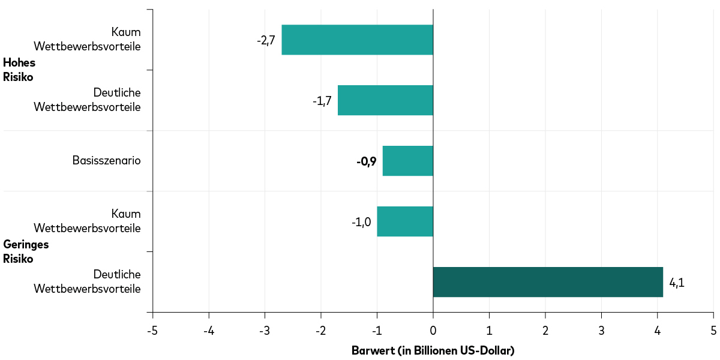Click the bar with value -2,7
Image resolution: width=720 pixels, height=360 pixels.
pyautogui.click(x=357, y=40)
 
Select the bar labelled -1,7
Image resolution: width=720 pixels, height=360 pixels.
pyautogui.click(x=385, y=100)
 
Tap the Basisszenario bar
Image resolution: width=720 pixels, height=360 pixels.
pyautogui.click(x=407, y=161)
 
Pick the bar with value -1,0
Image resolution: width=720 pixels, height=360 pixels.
pyautogui.click(x=404, y=221)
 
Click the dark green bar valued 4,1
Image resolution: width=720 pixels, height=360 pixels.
pyautogui.click(x=547, y=282)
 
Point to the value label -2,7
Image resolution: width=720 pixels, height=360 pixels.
pyautogui.click(x=266, y=40)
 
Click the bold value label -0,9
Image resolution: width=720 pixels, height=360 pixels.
pyautogui.click(x=366, y=161)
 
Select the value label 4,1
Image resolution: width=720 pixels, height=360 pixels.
pyautogui.click(x=676, y=283)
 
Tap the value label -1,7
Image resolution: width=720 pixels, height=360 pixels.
pyautogui.click(x=322, y=101)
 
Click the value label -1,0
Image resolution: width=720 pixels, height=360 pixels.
pyautogui.click(x=361, y=222)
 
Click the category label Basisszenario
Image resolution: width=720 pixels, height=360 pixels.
pyautogui.click(x=106, y=160)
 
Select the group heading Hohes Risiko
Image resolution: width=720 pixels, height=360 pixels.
pyautogui.click(x=19, y=70)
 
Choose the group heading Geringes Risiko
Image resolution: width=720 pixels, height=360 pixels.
pyautogui.click(x=26, y=251)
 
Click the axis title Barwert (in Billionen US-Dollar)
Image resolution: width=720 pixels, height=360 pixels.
pyautogui.click(x=433, y=350)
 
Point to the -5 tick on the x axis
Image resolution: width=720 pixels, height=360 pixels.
pyautogui.click(x=152, y=330)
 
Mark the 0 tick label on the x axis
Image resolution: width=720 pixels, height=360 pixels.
pyautogui.click(x=433, y=330)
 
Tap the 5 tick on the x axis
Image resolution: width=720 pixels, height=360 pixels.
pyautogui.click(x=713, y=330)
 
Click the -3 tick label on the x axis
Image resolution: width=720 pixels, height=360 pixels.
pyautogui.click(x=265, y=330)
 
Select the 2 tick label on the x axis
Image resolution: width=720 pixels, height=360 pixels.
pyautogui.click(x=545, y=330)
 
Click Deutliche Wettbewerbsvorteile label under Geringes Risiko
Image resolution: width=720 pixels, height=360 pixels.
pyautogui.click(x=88, y=281)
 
